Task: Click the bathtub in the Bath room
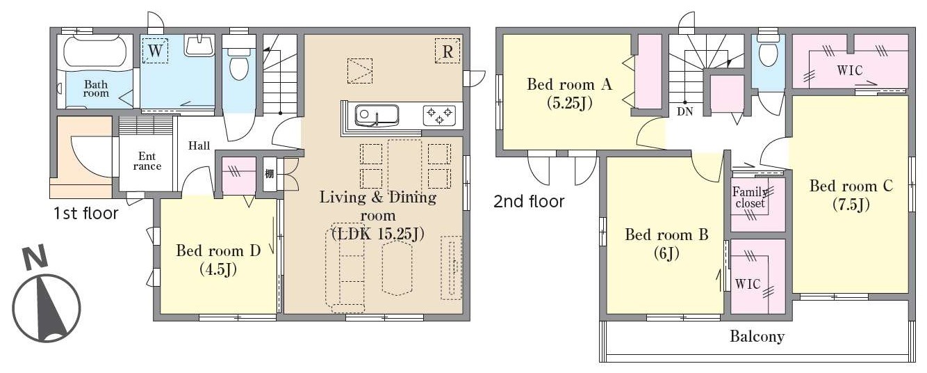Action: coord(95,51)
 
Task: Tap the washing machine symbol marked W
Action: coord(155,51)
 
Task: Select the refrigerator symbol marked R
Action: coord(448,51)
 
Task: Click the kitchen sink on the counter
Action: coord(377,115)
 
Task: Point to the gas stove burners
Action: coord(439,116)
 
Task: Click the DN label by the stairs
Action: coord(685,111)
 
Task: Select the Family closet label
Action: coord(750,197)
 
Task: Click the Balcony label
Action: coord(757,336)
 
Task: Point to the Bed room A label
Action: coord(569,84)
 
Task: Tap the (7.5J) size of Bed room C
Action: coord(851,205)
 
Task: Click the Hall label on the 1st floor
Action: coord(199,145)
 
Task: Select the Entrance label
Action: coord(147,161)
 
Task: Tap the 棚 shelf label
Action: coord(270,174)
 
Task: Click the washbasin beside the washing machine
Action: coord(199,46)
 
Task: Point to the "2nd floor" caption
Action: coord(529,201)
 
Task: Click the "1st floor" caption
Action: coord(85,214)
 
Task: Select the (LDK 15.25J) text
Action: coord(378,234)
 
